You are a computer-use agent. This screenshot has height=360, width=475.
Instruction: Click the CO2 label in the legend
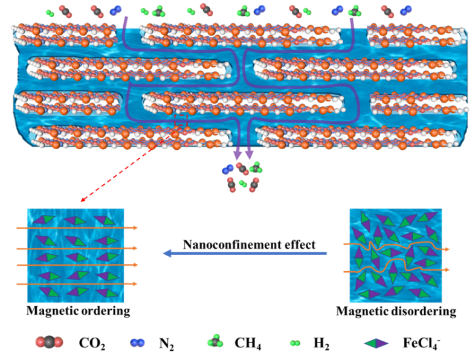[92, 344]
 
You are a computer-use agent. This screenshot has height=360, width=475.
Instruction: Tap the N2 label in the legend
[166, 344]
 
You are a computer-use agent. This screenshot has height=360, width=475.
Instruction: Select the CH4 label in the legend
[248, 344]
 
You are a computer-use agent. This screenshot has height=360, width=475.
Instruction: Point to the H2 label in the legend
[321, 344]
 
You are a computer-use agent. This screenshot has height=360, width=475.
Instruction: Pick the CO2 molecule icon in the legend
[49, 342]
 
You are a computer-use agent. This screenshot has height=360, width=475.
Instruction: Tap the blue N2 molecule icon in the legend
[138, 342]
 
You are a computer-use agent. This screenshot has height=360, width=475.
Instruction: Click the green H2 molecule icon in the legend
[295, 343]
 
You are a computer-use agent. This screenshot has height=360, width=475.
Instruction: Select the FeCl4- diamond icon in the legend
[376, 343]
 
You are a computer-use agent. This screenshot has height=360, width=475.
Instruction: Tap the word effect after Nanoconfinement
[300, 245]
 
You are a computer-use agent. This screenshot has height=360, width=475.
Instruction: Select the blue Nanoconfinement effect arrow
[245, 253]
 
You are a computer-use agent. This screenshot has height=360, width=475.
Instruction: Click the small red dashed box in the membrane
[181, 120]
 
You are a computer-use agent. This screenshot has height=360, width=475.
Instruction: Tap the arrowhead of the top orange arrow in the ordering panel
[135, 228]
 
